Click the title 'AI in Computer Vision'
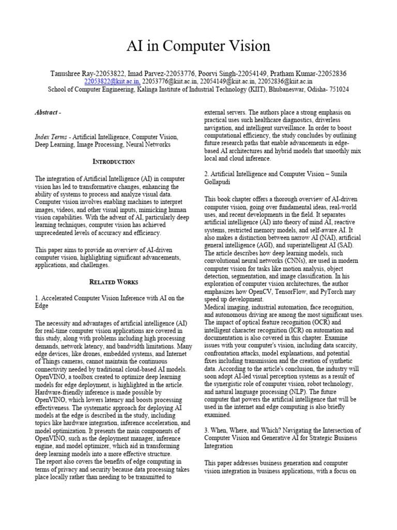pyautogui.click(x=198, y=46)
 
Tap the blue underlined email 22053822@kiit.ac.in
pyautogui.click(x=112, y=81)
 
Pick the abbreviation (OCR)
pyautogui.click(x=325, y=322)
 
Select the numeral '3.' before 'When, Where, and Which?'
pyautogui.click(x=207, y=431)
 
